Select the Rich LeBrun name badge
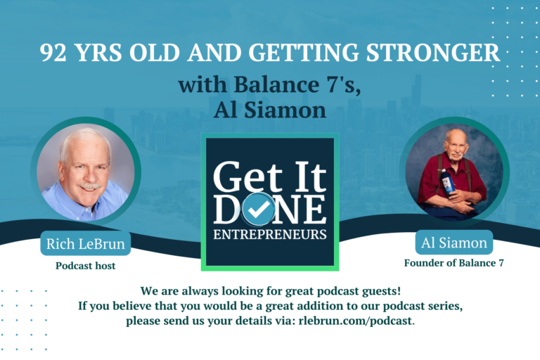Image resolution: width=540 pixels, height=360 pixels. (x=85, y=243)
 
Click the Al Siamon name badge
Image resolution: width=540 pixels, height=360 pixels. (x=454, y=243)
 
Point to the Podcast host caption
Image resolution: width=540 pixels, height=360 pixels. (x=85, y=266)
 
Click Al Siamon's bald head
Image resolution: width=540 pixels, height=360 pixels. (x=454, y=135)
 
